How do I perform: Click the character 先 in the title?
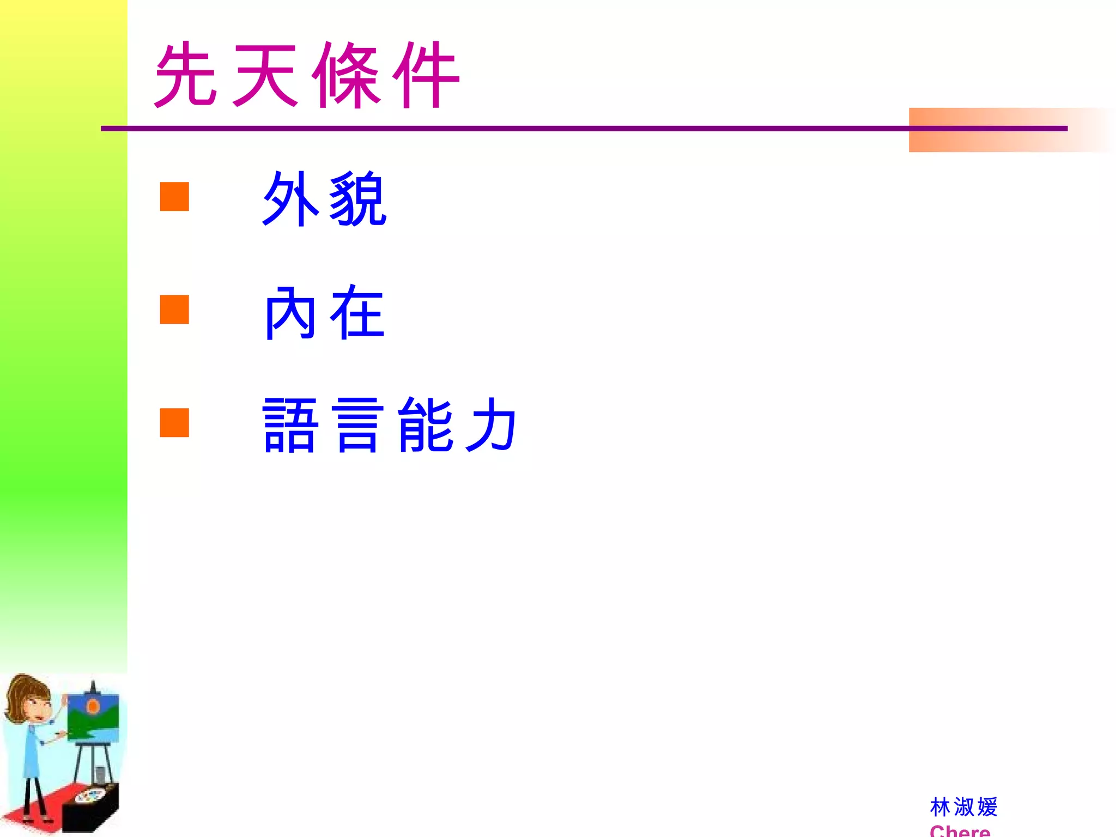pyautogui.click(x=186, y=75)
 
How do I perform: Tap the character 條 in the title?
pyautogui.click(x=347, y=75)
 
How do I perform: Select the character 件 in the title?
pyautogui.click(x=427, y=75)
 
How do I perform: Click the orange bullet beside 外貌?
pyautogui.click(x=174, y=197)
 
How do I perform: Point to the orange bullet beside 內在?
pyautogui.click(x=174, y=310)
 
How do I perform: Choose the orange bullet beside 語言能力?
pyautogui.click(x=174, y=423)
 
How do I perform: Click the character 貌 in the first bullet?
pyautogui.click(x=358, y=199)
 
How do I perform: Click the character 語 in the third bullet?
pyautogui.click(x=290, y=426)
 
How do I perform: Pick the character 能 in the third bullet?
pyautogui.click(x=426, y=425)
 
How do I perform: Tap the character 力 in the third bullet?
pyautogui.click(x=491, y=425)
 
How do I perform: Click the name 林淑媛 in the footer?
pyautogui.click(x=963, y=807)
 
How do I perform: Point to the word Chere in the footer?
pyautogui.click(x=960, y=830)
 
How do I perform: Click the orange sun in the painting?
pyautogui.click(x=93, y=707)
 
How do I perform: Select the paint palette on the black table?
pyautogui.click(x=90, y=796)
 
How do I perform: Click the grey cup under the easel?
pyautogui.click(x=100, y=774)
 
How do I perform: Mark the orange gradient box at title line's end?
pyautogui.click(x=1008, y=130)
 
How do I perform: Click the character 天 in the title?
pyautogui.click(x=265, y=75)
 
